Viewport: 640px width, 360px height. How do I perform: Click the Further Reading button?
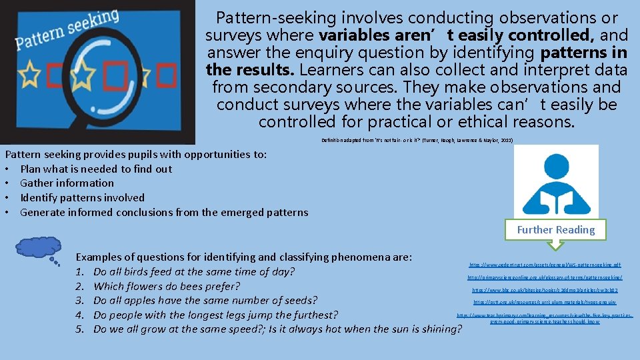[556, 230]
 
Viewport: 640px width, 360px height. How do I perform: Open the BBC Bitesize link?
[545, 291]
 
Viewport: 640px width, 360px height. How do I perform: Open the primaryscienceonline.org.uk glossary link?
[545, 277]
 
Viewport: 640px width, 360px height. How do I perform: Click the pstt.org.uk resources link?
[545, 303]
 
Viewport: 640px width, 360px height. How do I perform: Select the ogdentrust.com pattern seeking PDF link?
[545, 265]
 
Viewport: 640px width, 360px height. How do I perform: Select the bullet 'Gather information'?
[67, 183]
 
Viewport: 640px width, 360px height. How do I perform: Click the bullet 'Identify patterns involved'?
[82, 198]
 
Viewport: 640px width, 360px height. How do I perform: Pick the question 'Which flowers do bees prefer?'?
[166, 287]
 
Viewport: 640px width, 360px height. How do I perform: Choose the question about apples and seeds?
[205, 301]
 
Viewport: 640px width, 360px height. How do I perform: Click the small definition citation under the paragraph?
[417, 141]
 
